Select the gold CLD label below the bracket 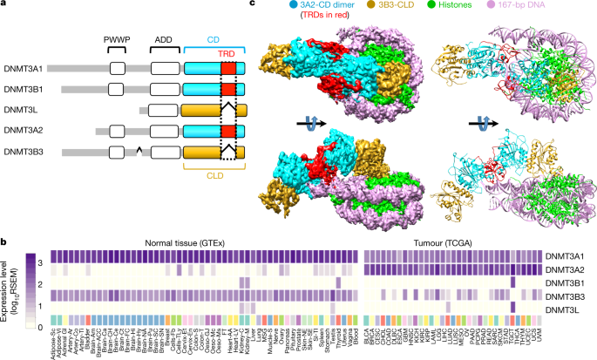(x=214, y=172)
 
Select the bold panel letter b (x=4, y=239)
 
